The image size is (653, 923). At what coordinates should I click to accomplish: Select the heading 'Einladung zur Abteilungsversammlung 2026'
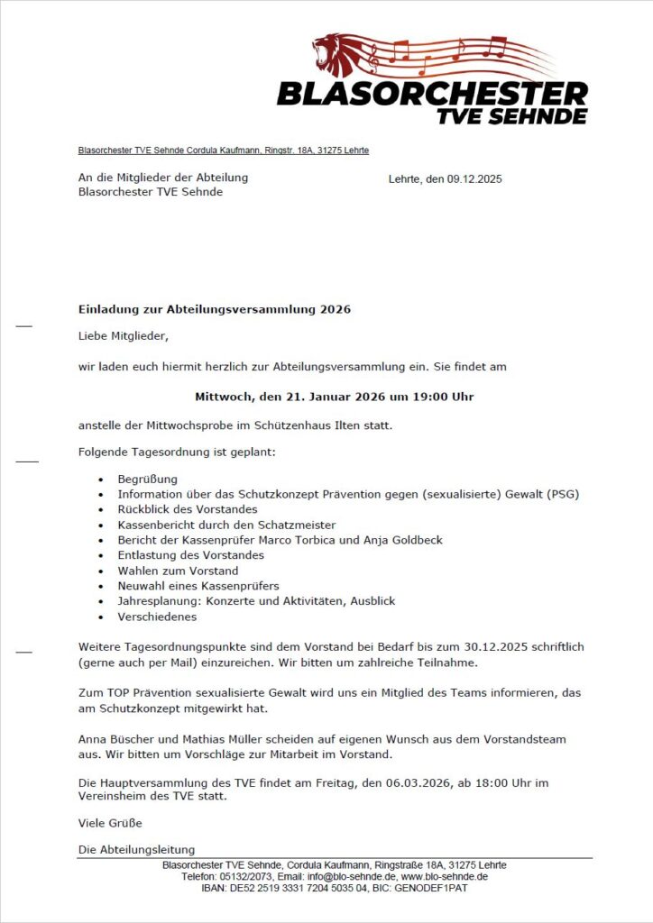(x=214, y=309)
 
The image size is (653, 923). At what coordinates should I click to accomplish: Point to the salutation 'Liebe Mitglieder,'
(x=124, y=336)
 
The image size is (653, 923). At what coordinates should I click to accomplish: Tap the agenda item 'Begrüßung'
(x=148, y=479)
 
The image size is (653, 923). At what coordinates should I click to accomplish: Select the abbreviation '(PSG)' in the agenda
(x=559, y=494)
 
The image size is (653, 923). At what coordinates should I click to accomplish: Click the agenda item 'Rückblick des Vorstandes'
(x=188, y=509)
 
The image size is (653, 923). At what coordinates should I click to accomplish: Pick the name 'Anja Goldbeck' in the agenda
(x=403, y=540)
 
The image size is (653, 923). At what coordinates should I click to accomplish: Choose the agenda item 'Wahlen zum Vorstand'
(x=178, y=571)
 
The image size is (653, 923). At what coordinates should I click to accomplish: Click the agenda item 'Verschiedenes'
(x=157, y=617)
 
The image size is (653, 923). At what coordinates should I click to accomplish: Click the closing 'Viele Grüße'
(x=110, y=823)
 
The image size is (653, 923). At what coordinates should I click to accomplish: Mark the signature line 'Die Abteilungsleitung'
(x=136, y=849)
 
